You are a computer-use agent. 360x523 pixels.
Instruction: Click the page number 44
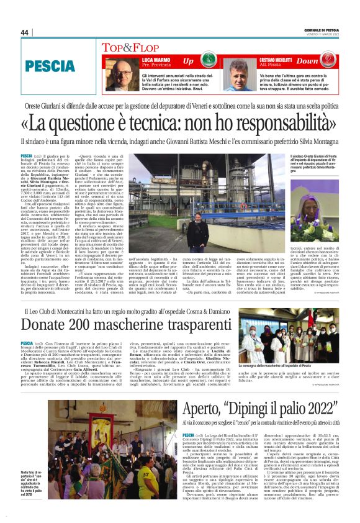point(25,32)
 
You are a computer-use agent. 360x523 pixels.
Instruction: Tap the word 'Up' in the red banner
point(188,61)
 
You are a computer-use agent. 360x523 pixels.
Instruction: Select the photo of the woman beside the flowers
point(324,199)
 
